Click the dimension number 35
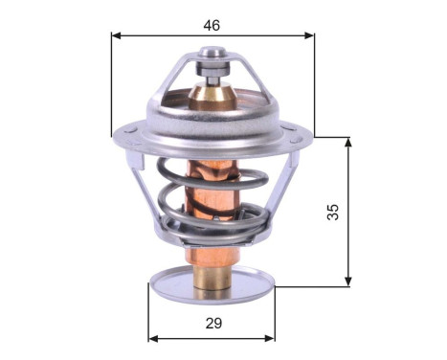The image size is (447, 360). point(333,212)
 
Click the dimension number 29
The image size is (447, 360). point(212,323)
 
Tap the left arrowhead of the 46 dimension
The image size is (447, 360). point(116,36)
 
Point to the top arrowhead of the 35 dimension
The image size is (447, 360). point(347,142)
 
